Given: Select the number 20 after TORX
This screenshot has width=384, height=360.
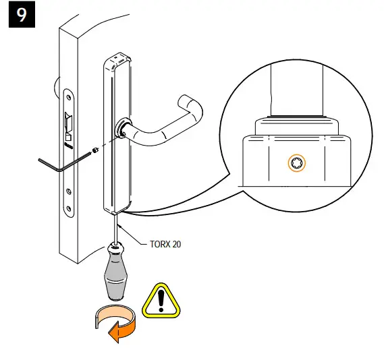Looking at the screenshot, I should [175, 244].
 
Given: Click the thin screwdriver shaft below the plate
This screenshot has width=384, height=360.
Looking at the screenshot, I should [117, 226].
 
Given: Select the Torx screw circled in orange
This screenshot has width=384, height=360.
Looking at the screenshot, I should [296, 162].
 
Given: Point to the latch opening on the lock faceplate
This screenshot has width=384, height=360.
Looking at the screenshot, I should [67, 124].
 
